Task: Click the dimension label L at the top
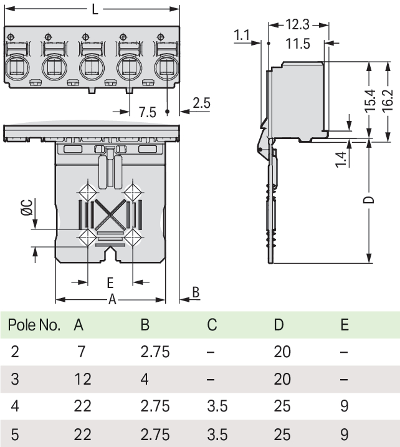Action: pos(94,10)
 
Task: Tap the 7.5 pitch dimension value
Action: pos(147,112)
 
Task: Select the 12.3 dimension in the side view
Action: pos(297,25)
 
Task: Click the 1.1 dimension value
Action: pos(242,36)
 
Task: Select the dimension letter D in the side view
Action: pos(369,200)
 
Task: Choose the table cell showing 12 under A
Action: pos(82,378)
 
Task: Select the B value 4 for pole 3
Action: pos(145,378)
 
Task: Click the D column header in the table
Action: pos(278,325)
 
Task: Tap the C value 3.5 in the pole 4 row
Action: pos(216,406)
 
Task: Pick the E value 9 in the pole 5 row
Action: pos(344,434)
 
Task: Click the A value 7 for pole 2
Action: pos(81,352)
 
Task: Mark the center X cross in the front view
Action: pos(110,217)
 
